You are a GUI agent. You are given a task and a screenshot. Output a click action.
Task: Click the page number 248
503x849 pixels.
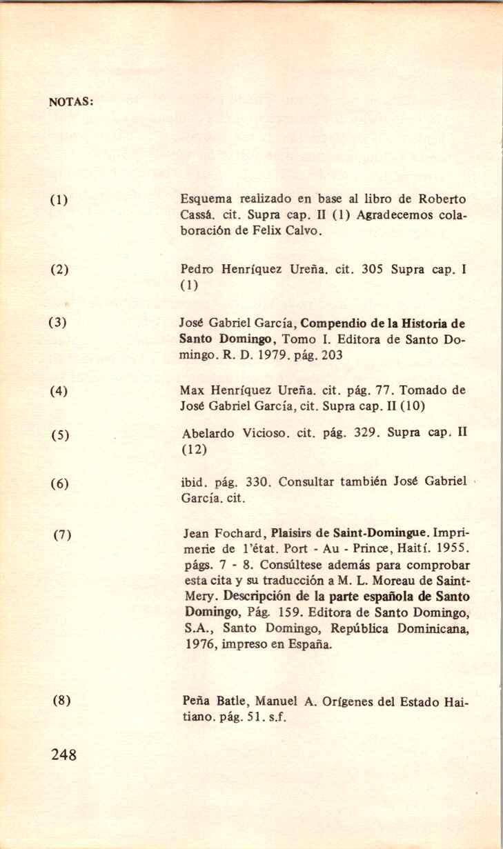pyautogui.click(x=63, y=753)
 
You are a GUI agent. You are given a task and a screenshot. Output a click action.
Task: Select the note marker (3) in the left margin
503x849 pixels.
pyautogui.click(x=57, y=322)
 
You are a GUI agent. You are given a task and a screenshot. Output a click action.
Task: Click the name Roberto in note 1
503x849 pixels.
pyautogui.click(x=444, y=200)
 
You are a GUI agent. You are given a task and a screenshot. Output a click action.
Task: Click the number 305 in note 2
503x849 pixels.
pyautogui.click(x=373, y=268)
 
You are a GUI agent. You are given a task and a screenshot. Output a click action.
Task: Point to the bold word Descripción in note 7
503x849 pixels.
pyautogui.click(x=262, y=596)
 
